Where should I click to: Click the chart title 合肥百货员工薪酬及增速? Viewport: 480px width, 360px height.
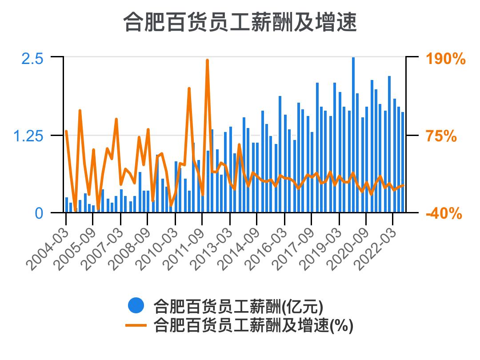point(240,22)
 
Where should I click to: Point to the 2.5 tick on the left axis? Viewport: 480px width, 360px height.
point(32,58)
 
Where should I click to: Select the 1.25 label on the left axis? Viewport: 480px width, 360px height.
point(28,136)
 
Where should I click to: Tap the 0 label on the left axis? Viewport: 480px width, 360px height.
point(39,213)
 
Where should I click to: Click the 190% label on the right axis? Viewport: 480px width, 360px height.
point(446,59)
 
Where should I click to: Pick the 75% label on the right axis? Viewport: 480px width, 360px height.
point(441,136)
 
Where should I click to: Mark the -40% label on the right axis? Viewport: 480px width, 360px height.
point(444,214)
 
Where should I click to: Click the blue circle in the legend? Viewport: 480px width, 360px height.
point(136,306)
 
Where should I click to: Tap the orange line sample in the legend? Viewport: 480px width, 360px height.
point(136,325)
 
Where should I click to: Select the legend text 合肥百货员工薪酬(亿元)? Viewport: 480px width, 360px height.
point(238,306)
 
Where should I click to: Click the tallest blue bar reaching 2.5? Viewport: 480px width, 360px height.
point(353,133)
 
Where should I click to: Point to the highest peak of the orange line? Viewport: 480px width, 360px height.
point(207,60)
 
